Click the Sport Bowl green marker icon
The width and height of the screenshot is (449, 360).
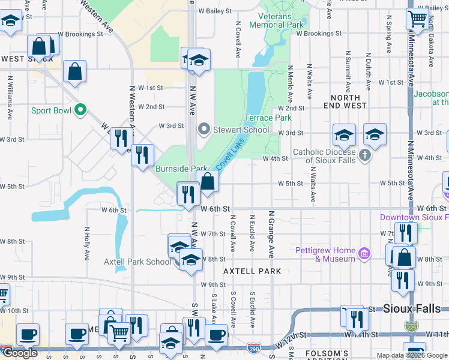pyautogui.click(x=79, y=110)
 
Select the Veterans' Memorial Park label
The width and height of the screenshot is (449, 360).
pyautogui.click(x=281, y=21)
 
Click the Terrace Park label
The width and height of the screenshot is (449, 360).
pyautogui.click(x=267, y=118)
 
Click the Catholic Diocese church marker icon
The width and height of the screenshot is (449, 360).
pyautogui.click(x=364, y=156)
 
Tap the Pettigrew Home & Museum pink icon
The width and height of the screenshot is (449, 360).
pyautogui.click(x=363, y=254)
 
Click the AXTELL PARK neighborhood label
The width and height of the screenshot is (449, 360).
pyautogui.click(x=252, y=271)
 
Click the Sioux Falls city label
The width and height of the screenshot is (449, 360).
pyautogui.click(x=415, y=308)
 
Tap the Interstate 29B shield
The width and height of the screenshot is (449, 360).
pyautogui.click(x=254, y=347)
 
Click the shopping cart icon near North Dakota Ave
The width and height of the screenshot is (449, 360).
pyautogui.click(x=417, y=18)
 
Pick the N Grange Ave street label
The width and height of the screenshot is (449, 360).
pyautogui.click(x=271, y=235)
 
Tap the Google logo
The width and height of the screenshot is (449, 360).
pyautogui.click(x=19, y=353)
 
